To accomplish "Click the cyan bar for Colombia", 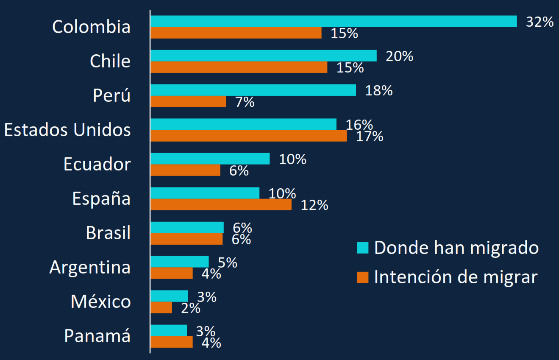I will pyautogui.click(x=334, y=21).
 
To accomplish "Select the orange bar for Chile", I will pyautogui.click(x=239, y=67).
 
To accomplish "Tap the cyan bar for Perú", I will pyautogui.click(x=253, y=90).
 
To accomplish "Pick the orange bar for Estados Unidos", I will pyautogui.click(x=248, y=136).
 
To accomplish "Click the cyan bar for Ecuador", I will pyautogui.click(x=210, y=159).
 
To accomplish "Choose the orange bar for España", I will pyautogui.click(x=221, y=205).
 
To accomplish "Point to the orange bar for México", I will pyautogui.click(x=161, y=308).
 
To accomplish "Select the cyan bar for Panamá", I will pyautogui.click(x=169, y=330).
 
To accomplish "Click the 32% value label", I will pyautogui.click(x=540, y=22).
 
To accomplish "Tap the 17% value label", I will pyautogui.click(x=370, y=137).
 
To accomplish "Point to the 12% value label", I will pyautogui.click(x=314, y=205).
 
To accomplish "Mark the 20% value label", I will pyautogui.click(x=399, y=56).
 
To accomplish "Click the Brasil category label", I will pyautogui.click(x=108, y=233).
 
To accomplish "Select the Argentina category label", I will pyautogui.click(x=90, y=267).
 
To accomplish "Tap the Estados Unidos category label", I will pyautogui.click(x=67, y=129).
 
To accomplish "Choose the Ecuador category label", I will pyautogui.click(x=97, y=164).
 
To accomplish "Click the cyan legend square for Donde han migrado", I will pyautogui.click(x=363, y=248).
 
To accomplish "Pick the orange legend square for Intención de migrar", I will pyautogui.click(x=363, y=277).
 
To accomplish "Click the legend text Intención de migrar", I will pyautogui.click(x=456, y=277).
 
